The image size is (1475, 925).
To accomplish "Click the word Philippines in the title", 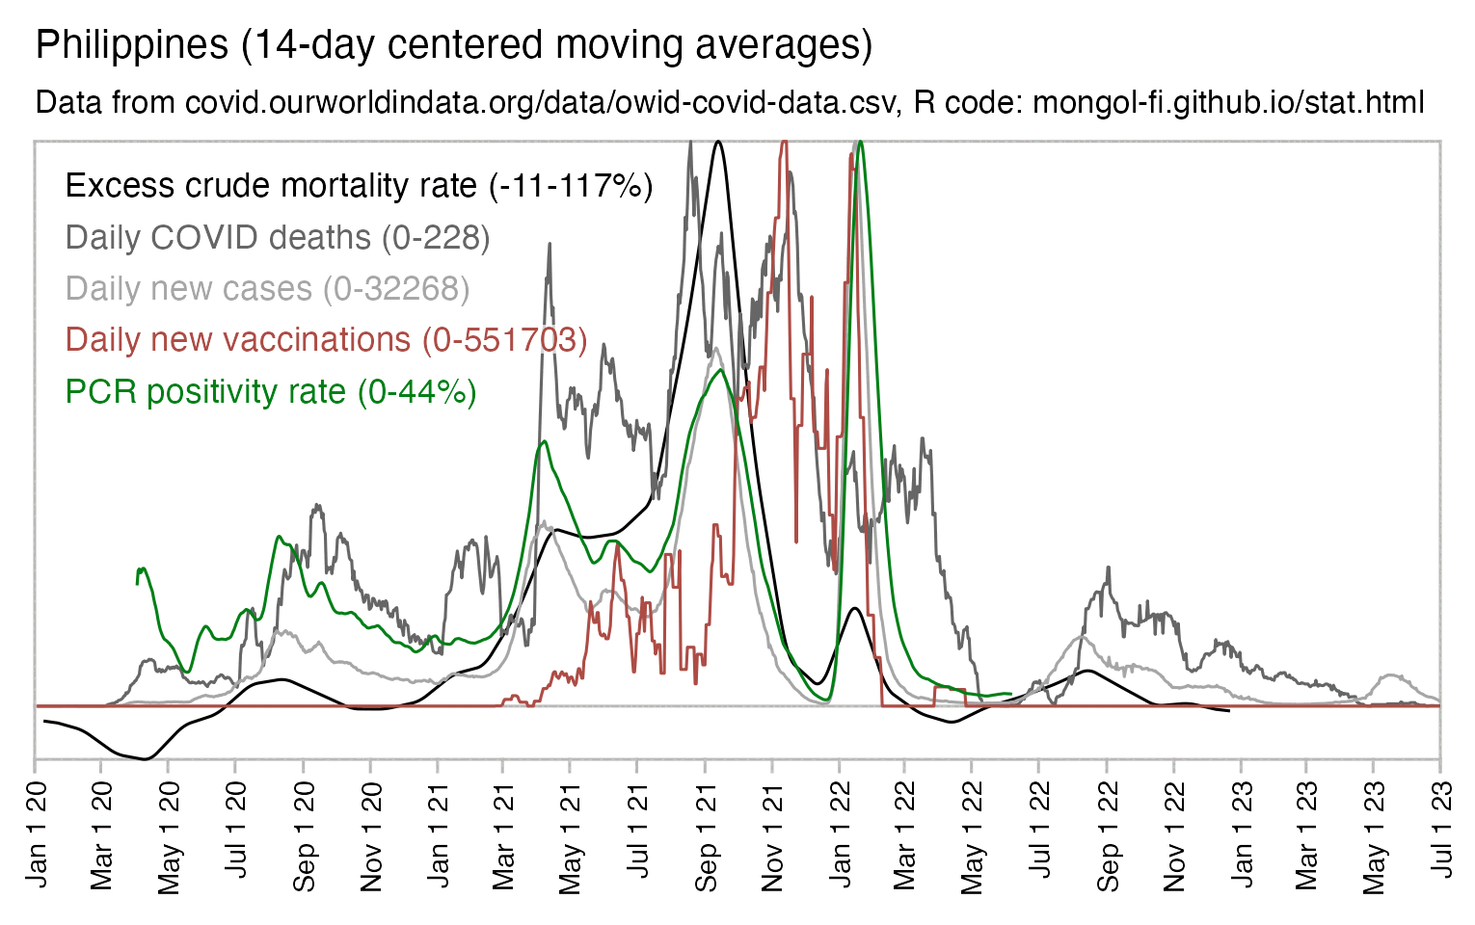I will (132, 45).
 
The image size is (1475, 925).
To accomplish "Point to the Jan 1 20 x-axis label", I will (36, 836).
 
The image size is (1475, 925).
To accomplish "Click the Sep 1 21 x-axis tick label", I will (706, 836).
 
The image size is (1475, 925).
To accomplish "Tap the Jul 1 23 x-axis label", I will (1441, 836).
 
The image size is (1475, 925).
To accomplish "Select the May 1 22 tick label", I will (972, 836).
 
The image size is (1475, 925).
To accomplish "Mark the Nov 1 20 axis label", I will (371, 836).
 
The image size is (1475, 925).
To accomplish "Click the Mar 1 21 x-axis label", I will (503, 836).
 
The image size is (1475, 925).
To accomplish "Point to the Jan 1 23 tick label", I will (1241, 836).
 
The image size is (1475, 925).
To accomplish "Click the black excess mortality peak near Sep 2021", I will (718, 143).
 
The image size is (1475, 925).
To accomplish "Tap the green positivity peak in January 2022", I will (860, 143).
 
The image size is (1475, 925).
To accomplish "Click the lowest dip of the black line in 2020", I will (145, 759).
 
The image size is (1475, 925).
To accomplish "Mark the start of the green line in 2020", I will (138, 582).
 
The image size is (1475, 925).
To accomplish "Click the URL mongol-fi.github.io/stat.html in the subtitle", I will (1228, 102).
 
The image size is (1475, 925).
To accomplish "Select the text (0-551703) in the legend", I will (504, 340).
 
